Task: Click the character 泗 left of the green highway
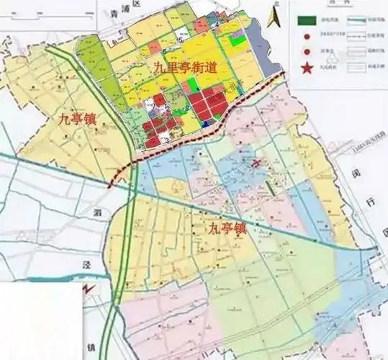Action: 98,213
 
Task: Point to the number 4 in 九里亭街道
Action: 217,24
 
